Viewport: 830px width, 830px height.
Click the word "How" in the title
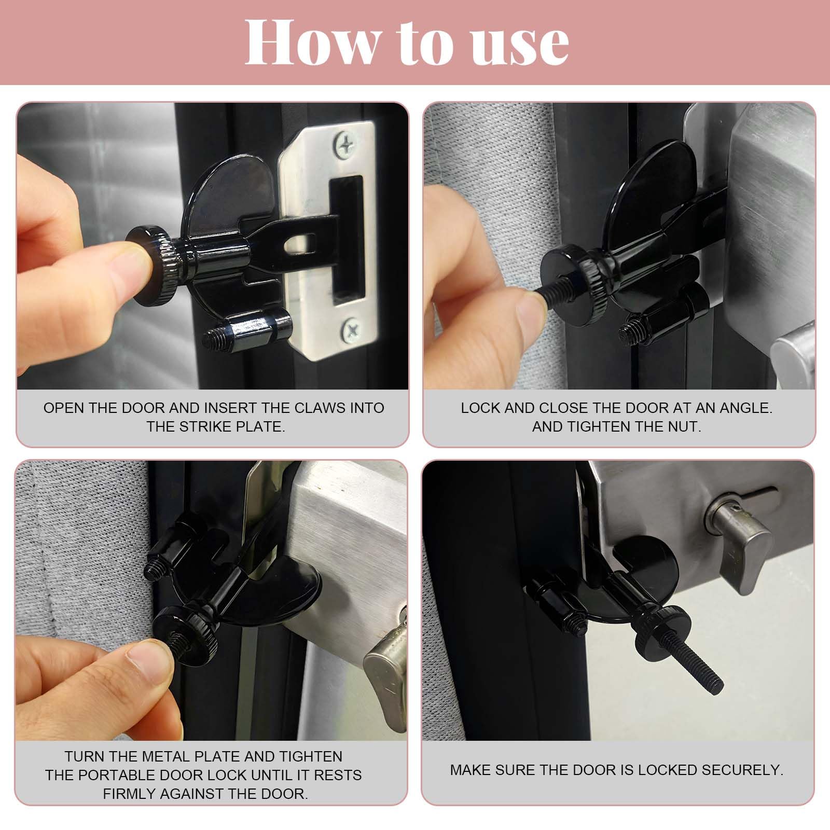click(x=313, y=42)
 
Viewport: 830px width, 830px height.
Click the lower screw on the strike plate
click(x=350, y=328)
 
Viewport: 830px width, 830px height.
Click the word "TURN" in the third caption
click(x=82, y=757)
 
